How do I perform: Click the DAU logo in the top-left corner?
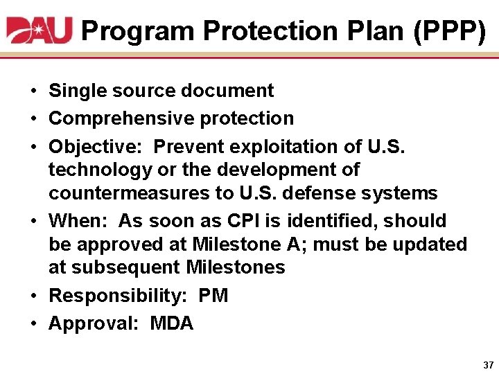click(x=40, y=30)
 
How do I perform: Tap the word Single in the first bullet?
click(x=76, y=91)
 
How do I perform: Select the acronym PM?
click(x=213, y=296)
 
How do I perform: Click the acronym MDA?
click(x=172, y=323)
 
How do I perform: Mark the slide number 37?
click(x=487, y=364)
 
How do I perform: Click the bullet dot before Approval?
click(x=33, y=323)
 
